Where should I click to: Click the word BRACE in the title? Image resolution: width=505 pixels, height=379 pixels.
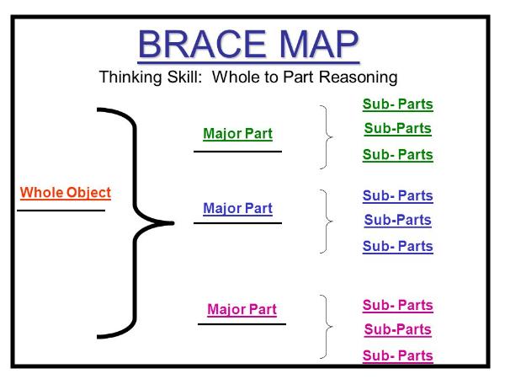tap(202, 44)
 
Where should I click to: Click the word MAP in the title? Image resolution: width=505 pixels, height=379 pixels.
tap(318, 44)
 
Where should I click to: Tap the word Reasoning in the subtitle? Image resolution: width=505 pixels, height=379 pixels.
tap(359, 77)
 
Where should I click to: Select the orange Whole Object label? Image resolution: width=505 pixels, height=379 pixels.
tap(66, 193)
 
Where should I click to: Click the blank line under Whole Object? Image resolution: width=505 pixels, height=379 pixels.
tap(61, 211)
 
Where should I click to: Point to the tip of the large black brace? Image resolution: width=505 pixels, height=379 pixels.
tap(173, 222)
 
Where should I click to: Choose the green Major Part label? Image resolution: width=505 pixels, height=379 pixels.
tap(237, 134)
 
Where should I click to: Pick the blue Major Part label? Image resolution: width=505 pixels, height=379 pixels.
tap(237, 209)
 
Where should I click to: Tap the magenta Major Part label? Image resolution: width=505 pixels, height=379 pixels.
tap(242, 309)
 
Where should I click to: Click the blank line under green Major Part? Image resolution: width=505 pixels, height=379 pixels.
tap(237, 151)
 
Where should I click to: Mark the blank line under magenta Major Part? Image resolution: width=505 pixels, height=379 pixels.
tap(242, 324)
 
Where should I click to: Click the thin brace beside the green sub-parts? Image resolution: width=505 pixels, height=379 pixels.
tap(326, 137)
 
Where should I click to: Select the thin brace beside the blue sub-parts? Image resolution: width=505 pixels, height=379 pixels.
tap(326, 222)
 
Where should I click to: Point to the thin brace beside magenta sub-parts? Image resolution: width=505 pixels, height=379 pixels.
tap(326, 327)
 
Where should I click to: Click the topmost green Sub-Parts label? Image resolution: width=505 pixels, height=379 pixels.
tap(398, 104)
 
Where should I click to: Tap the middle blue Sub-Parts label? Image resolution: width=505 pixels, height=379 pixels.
tap(398, 220)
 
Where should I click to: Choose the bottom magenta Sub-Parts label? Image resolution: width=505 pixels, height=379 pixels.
tap(398, 356)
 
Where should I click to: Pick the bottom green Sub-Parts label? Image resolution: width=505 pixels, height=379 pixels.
tap(398, 155)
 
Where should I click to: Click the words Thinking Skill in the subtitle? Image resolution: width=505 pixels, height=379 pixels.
tap(151, 77)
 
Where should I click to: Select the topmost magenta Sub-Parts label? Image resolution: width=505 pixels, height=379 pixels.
tap(398, 306)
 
